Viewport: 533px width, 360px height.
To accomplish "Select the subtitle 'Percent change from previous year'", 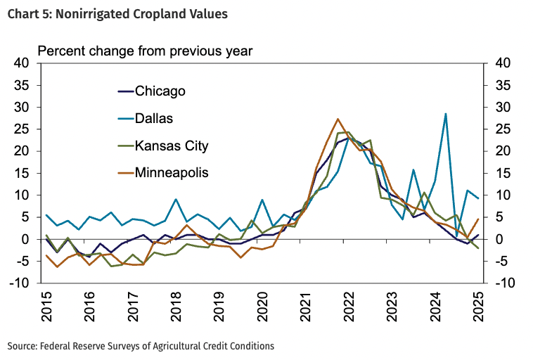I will tap(144, 51).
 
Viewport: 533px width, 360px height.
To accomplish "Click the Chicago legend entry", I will tap(160, 91).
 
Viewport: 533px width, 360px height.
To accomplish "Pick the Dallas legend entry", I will tap(153, 119).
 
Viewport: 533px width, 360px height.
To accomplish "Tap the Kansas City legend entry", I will tap(171, 146).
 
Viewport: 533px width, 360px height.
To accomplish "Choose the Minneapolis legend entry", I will tap(172, 172).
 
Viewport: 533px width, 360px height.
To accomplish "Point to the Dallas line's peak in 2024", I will tap(446, 113).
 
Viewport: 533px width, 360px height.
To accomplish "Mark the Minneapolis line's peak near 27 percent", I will tap(338, 119).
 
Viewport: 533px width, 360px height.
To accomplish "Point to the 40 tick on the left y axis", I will tap(20, 63).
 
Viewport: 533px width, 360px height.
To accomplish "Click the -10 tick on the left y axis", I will tap(19, 283).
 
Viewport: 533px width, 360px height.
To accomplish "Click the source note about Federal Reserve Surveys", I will tap(141, 346).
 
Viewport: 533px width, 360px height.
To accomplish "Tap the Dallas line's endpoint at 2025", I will tap(479, 198).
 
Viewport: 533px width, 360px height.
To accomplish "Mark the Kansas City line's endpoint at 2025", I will tap(479, 248).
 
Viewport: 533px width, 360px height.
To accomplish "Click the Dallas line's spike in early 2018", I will tap(176, 200).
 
